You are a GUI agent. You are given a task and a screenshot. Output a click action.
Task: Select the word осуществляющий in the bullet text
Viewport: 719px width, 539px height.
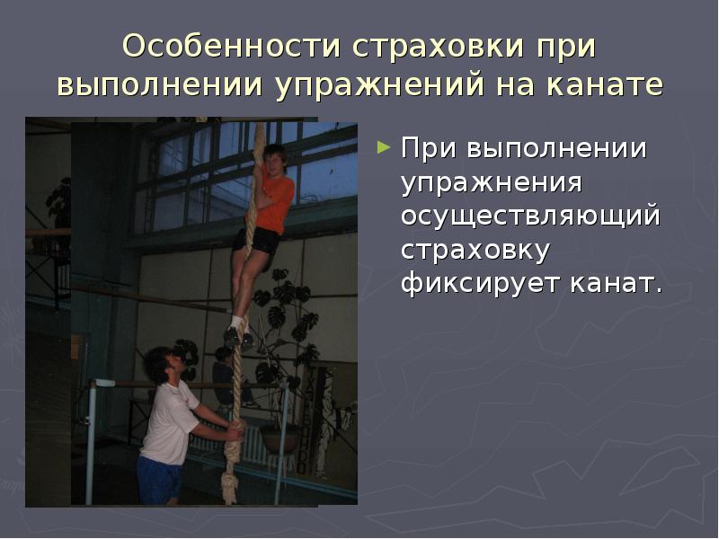[x=530, y=216]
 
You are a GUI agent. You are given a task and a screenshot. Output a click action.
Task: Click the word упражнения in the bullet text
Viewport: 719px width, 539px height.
[x=492, y=182]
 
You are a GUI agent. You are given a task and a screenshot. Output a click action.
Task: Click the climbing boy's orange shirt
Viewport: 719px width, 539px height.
[x=275, y=202]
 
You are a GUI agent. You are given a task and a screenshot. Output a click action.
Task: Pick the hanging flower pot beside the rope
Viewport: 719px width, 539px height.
[x=280, y=437]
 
